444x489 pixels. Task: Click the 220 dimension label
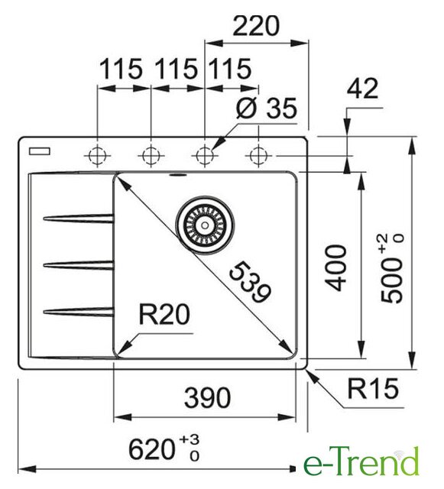(x=256, y=26)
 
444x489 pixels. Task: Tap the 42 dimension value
(x=362, y=89)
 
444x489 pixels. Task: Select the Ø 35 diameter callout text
(x=267, y=108)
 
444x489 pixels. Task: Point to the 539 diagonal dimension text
(x=250, y=282)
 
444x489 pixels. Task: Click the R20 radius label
(x=164, y=315)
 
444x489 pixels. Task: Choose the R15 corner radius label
(x=373, y=389)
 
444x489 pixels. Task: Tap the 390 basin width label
(x=208, y=398)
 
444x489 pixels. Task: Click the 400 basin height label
(x=335, y=268)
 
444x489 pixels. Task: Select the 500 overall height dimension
(x=392, y=268)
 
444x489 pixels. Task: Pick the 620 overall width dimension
(x=164, y=449)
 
